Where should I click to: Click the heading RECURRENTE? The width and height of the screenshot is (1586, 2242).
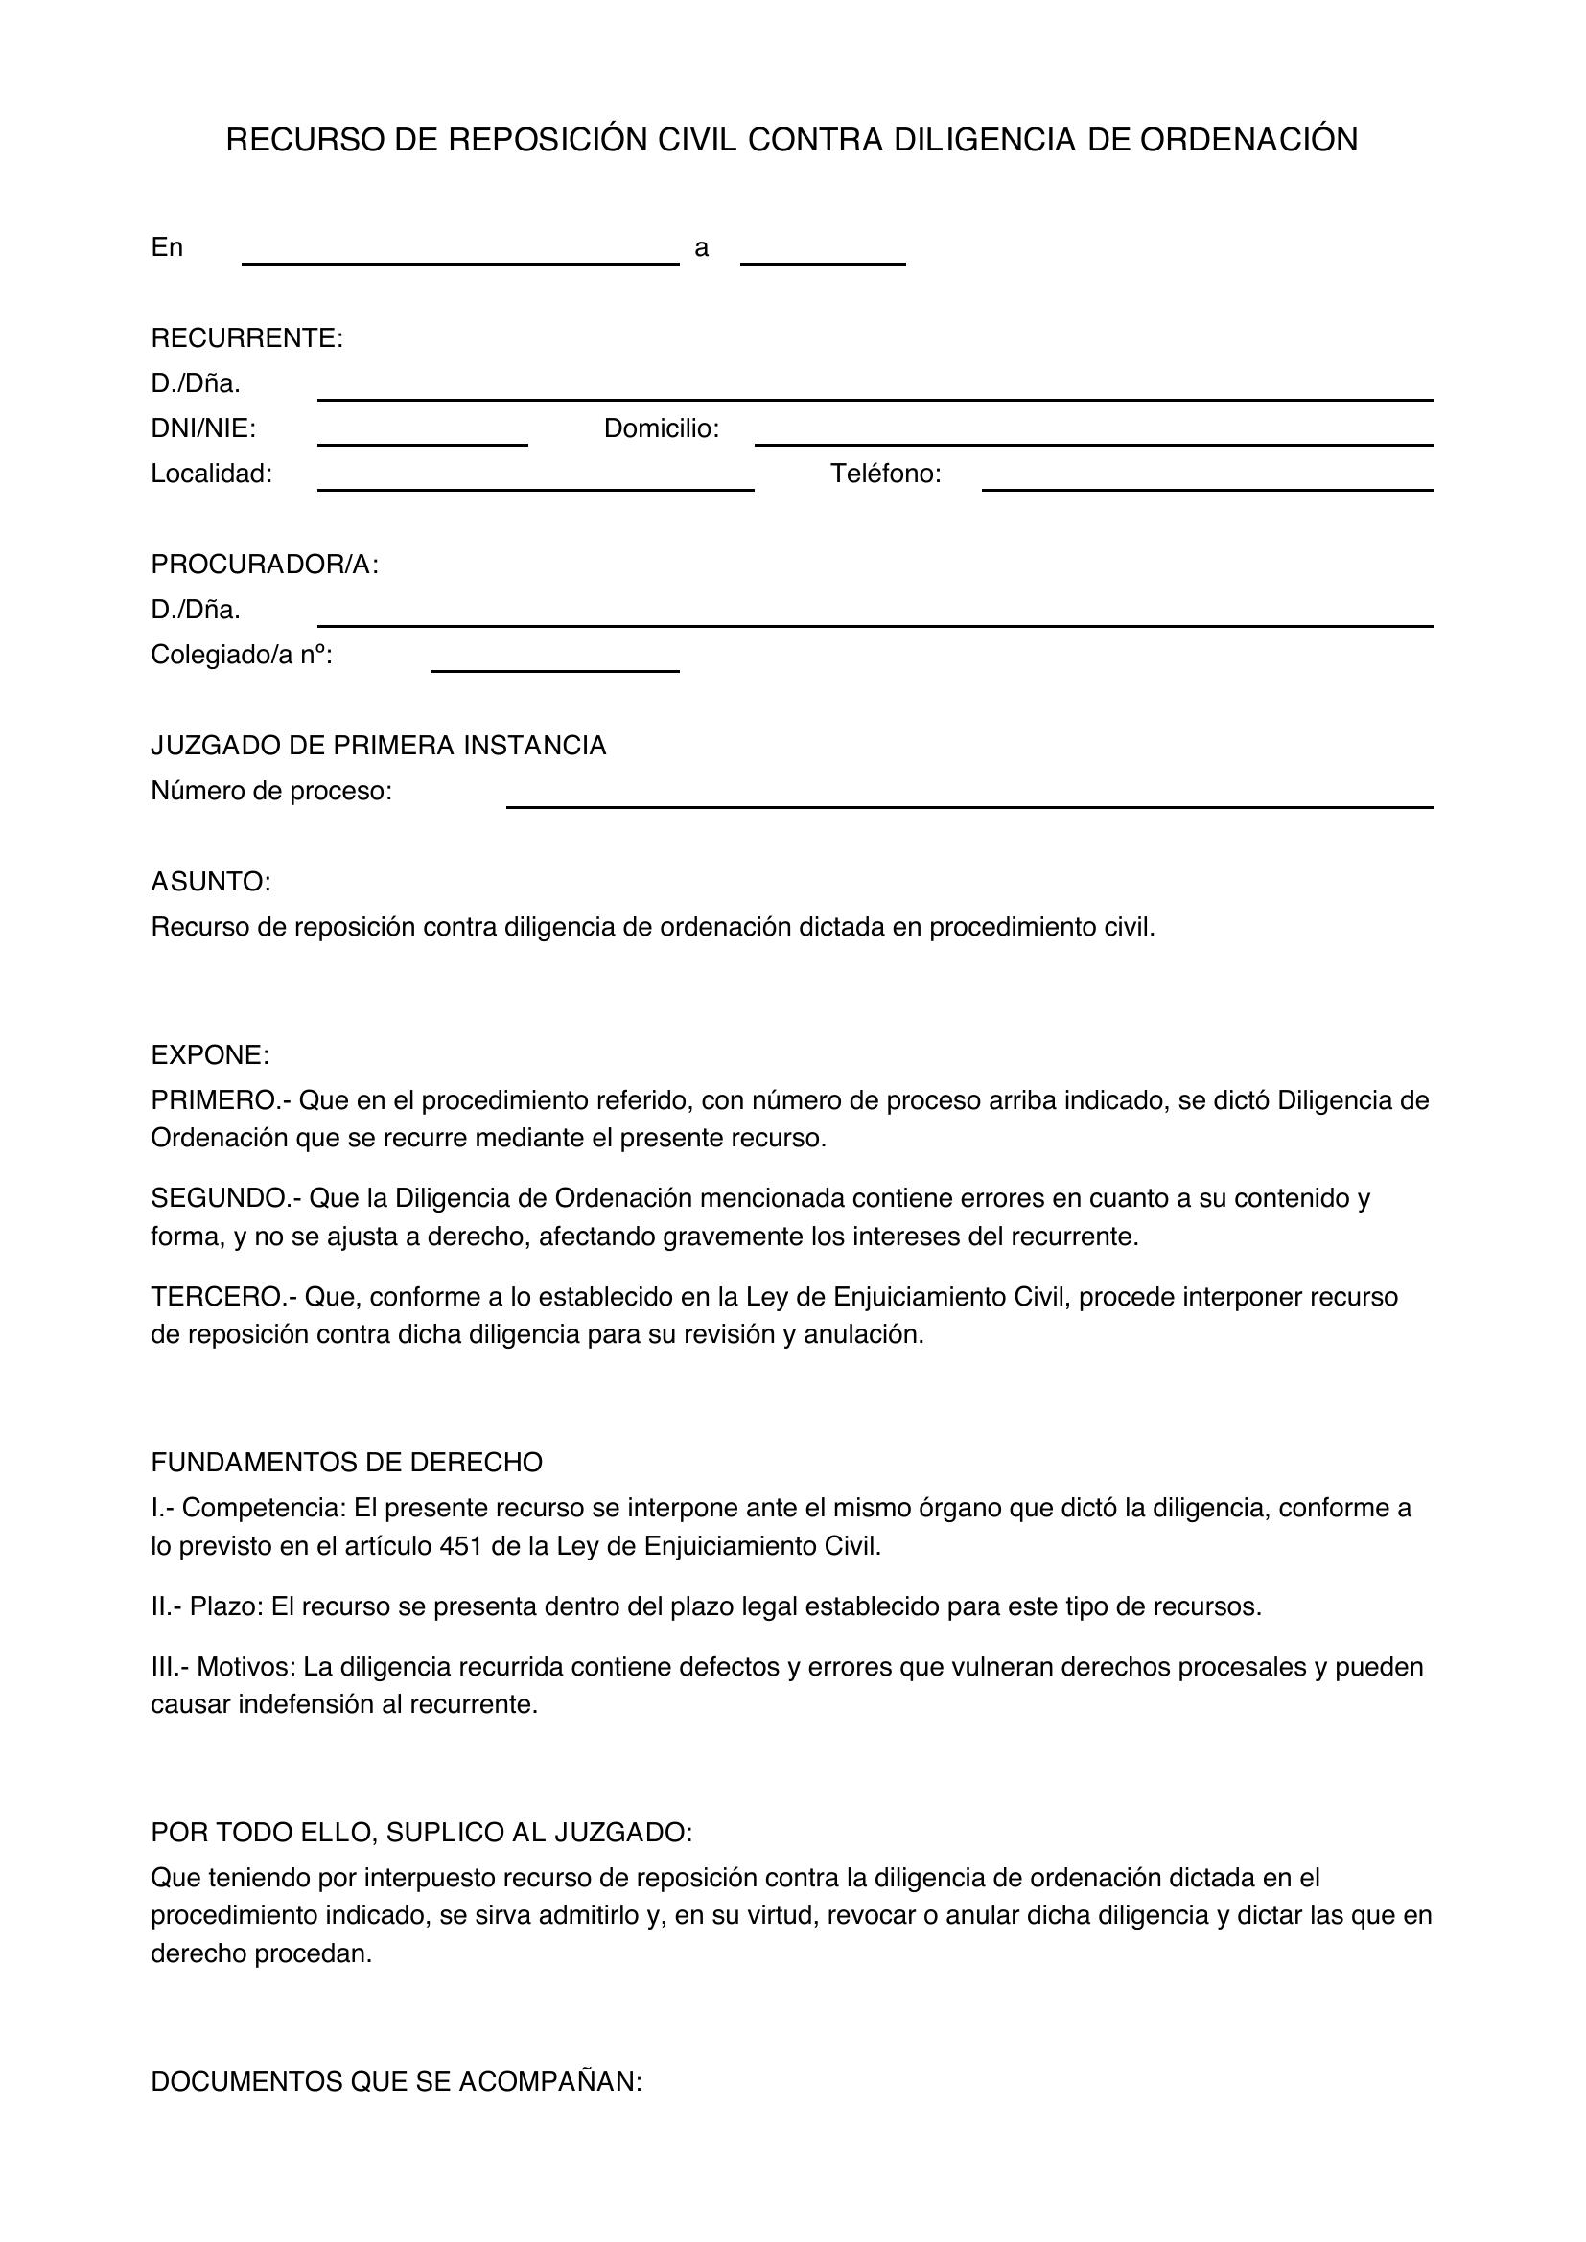[x=247, y=338]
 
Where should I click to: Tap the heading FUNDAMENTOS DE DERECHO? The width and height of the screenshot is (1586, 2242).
[x=347, y=1463]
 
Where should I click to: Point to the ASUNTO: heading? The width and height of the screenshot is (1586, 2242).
[x=211, y=882]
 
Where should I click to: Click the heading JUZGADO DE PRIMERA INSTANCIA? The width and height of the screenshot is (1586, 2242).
[x=378, y=746]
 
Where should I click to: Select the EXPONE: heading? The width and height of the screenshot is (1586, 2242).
[x=210, y=1055]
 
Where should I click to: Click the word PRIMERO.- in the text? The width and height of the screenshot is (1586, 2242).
[x=221, y=1101]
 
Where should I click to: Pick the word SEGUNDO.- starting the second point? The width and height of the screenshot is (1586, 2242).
[x=225, y=1199]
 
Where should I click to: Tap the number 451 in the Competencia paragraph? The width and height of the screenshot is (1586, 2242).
[x=458, y=1547]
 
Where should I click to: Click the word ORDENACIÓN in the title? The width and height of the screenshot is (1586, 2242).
[x=1248, y=141]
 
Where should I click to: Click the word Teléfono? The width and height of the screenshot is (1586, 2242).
[x=886, y=474]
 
